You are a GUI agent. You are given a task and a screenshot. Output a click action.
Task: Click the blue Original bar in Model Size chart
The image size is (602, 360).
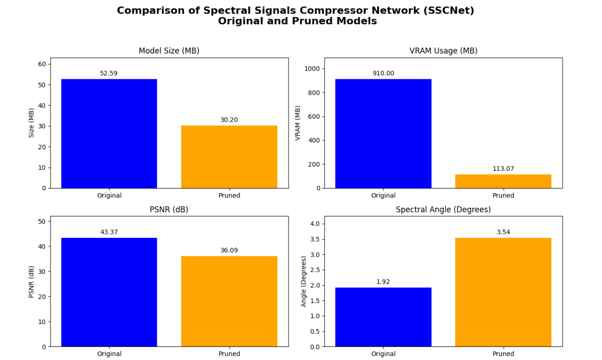pos(109,134)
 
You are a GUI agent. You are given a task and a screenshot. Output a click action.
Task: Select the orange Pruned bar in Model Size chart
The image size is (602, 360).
pos(229,157)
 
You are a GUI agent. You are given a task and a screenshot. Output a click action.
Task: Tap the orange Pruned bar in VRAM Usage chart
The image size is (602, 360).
pos(503,181)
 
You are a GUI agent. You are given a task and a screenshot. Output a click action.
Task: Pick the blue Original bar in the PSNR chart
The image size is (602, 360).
pos(109,292)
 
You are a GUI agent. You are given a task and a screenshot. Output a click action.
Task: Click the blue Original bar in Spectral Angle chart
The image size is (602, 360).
pos(383,317)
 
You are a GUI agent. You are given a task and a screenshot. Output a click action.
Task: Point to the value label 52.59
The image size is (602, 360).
pos(109,73)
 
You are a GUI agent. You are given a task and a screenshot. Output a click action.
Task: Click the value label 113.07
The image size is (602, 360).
pos(503,169)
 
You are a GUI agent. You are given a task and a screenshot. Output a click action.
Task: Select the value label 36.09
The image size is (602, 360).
pos(229,251)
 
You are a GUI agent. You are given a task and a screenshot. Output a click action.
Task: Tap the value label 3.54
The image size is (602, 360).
pos(503,232)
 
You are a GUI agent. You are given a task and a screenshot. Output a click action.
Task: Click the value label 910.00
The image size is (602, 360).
pos(383,73)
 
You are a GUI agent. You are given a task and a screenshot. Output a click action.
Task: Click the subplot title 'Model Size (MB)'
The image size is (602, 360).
pos(169,51)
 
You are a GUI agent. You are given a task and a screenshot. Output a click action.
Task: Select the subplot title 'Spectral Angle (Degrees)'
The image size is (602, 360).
pos(443,210)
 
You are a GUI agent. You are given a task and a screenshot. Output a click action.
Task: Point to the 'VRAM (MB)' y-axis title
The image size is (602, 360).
pos(298,123)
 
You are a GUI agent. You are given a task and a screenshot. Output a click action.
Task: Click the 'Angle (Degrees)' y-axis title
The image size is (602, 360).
pos(304,281)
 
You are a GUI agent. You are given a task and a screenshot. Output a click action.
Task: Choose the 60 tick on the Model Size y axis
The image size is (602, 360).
pos(42,64)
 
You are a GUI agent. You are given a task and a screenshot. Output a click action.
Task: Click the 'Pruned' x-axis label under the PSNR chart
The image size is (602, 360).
pos(229,354)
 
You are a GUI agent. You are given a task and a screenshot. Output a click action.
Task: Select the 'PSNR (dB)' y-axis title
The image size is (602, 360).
pos(32,281)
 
